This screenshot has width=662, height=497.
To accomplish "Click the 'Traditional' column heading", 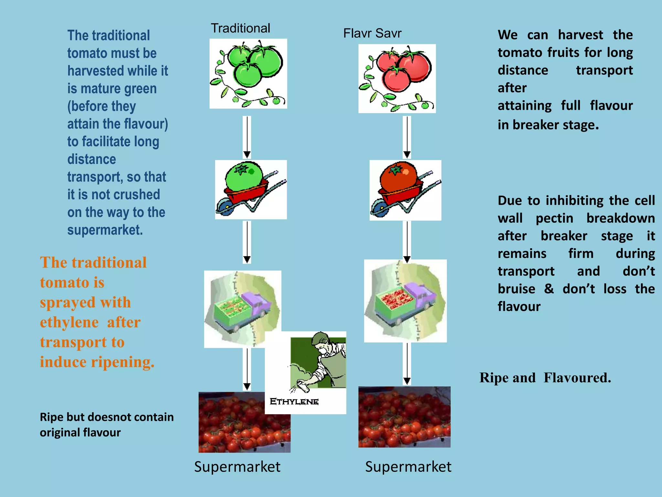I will pos(240,28).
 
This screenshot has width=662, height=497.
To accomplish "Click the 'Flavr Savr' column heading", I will pos(372,33).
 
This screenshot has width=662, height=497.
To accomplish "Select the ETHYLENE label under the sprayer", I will pos(294,402).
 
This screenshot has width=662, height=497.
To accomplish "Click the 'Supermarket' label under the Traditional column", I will pos(237,467).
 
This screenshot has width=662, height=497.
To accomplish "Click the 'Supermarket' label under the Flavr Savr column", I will pos(408,467).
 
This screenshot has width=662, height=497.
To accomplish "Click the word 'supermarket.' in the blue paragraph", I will pos(105,230).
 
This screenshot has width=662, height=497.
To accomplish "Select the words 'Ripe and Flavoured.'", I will pos(545,378).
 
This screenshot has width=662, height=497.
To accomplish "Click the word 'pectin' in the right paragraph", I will pos(554,218).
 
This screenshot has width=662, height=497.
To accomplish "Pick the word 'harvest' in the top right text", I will pos(580,35).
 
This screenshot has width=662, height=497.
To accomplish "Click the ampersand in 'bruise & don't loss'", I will pos(549,289).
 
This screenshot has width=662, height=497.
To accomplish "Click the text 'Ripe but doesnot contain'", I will pos(107,417).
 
